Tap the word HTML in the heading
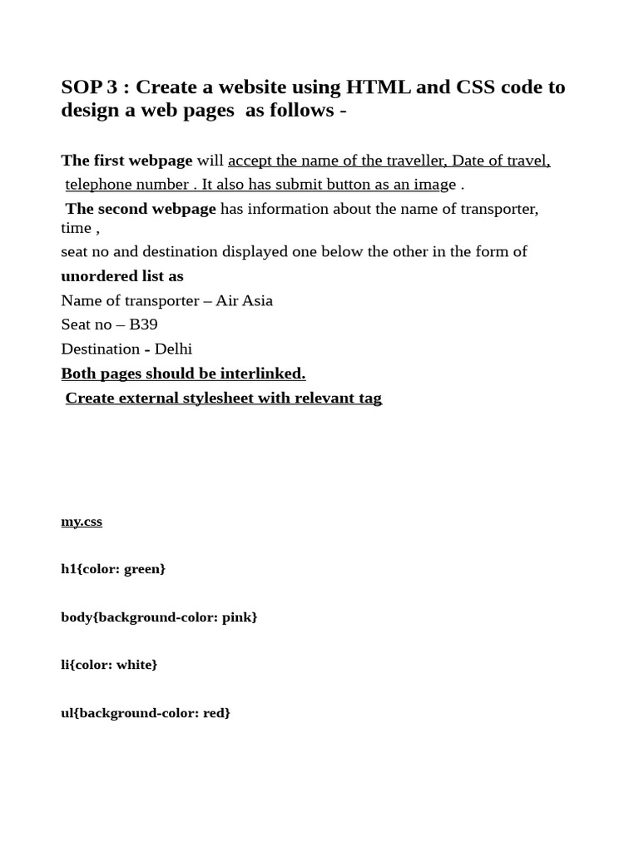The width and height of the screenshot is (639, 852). click(x=372, y=87)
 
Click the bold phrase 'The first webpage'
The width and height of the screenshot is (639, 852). click(x=126, y=161)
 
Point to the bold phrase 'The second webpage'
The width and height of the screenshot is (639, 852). click(x=141, y=209)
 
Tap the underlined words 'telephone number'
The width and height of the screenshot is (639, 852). click(x=126, y=185)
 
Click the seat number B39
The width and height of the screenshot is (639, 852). click(x=143, y=324)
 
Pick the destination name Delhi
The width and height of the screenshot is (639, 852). click(x=173, y=349)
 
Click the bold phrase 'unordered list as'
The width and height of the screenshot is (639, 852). click(x=122, y=276)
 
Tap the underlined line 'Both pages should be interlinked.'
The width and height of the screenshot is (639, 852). click(x=183, y=374)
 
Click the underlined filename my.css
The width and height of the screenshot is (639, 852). click(x=82, y=522)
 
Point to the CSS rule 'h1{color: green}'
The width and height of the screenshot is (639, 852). click(x=113, y=569)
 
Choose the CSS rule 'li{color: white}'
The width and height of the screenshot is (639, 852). click(x=109, y=665)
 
